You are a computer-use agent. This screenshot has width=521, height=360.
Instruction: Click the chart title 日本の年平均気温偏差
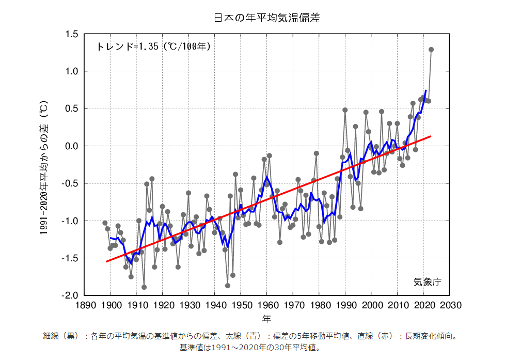(267, 18)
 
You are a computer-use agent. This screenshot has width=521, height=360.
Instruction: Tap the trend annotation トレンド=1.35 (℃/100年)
(153, 46)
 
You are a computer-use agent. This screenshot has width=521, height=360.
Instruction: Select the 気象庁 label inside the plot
(427, 282)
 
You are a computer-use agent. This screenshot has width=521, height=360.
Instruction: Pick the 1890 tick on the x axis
(84, 305)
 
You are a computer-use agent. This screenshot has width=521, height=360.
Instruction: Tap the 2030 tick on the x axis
(450, 305)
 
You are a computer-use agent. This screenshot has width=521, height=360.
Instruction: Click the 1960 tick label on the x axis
(267, 305)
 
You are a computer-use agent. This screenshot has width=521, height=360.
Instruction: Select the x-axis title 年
(266, 318)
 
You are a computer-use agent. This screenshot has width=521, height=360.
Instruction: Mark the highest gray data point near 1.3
(431, 50)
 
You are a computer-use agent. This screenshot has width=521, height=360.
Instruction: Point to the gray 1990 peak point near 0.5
(345, 110)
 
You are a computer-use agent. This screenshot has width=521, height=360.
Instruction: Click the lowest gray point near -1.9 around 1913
(144, 287)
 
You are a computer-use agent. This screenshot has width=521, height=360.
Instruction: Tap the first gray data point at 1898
(105, 223)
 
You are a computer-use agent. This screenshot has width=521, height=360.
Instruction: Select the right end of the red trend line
(431, 136)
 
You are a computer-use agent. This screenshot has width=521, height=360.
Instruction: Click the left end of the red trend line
(106, 261)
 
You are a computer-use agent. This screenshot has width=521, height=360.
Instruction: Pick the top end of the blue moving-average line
(425, 90)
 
